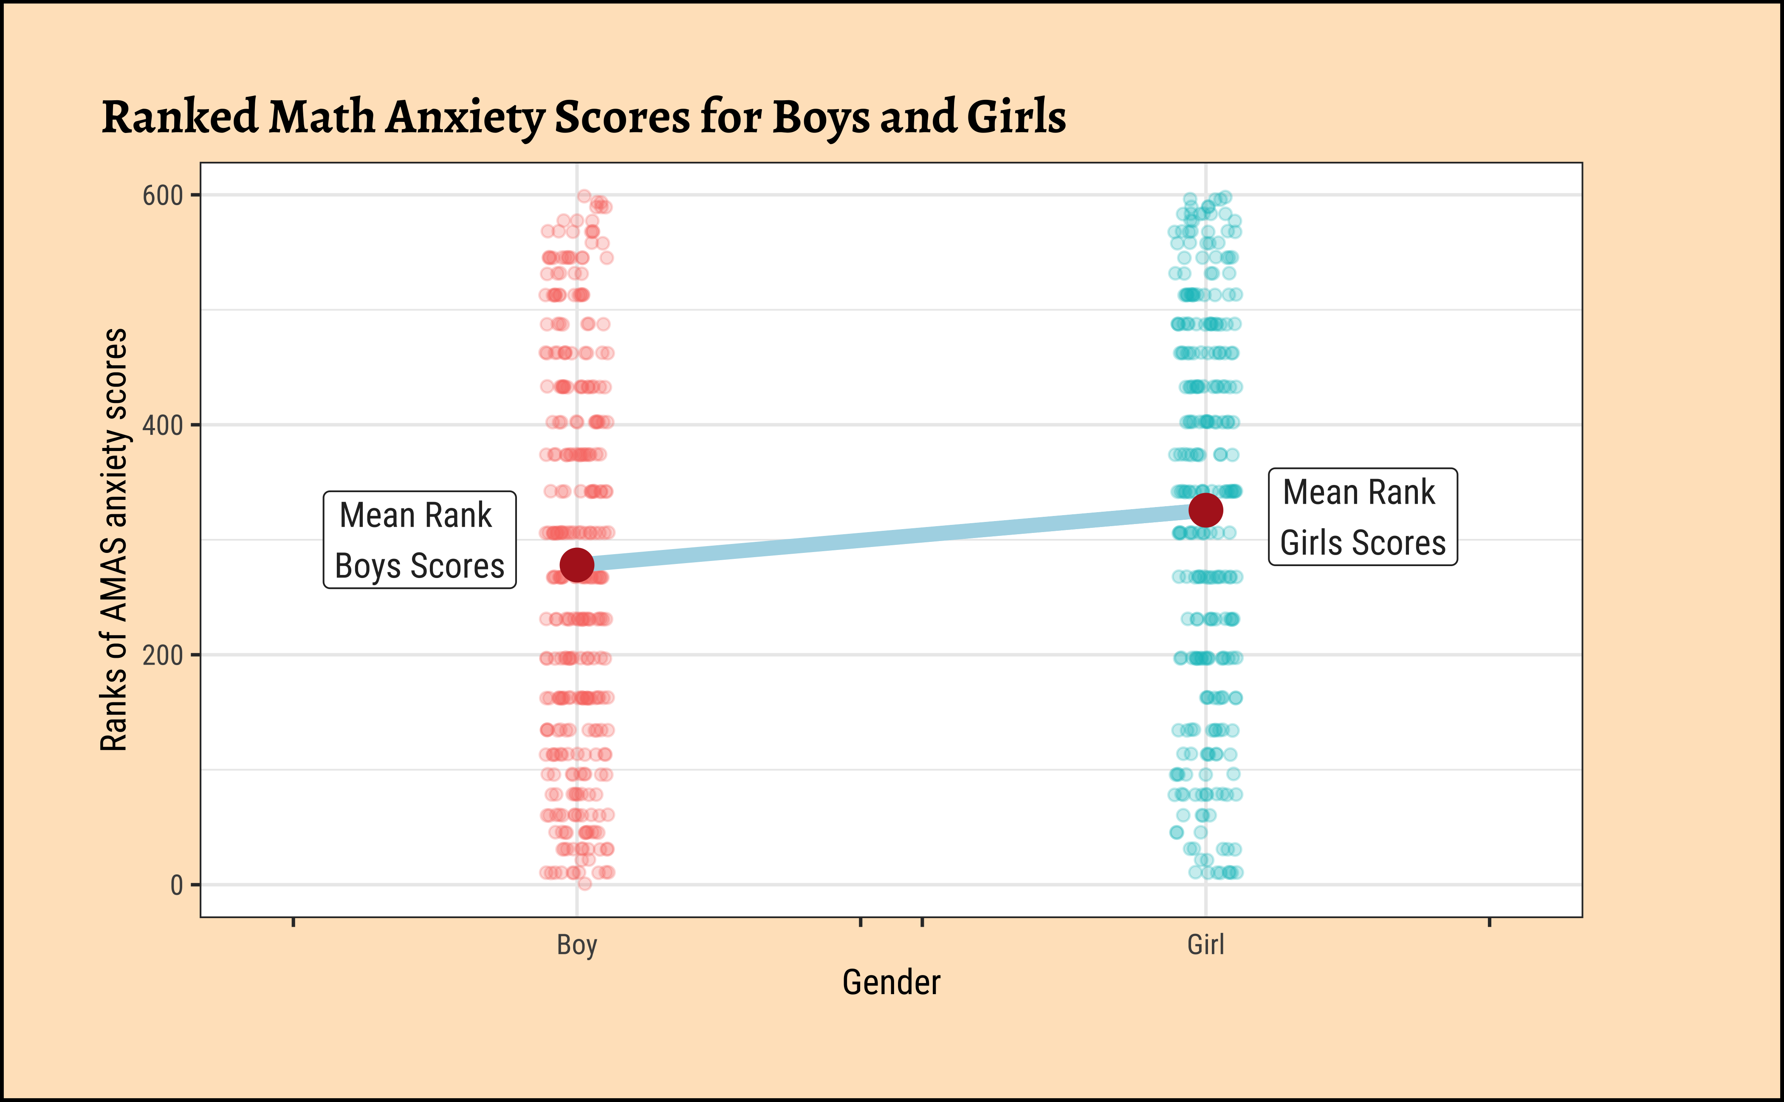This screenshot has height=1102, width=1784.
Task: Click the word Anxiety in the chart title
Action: (464, 118)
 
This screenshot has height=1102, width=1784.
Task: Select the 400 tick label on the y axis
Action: (162, 425)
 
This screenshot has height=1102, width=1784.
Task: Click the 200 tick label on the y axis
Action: (162, 655)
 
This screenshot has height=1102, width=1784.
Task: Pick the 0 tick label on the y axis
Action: (176, 885)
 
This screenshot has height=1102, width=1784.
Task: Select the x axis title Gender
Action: (891, 983)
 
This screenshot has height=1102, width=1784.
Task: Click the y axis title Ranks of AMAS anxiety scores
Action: (114, 539)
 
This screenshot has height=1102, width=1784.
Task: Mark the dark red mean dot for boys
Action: (577, 565)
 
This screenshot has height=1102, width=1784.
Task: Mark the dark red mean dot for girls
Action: (1205, 510)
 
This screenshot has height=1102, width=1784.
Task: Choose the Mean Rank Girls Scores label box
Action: (1363, 517)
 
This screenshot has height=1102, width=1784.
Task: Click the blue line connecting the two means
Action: (891, 538)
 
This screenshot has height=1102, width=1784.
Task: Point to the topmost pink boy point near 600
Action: (584, 195)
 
